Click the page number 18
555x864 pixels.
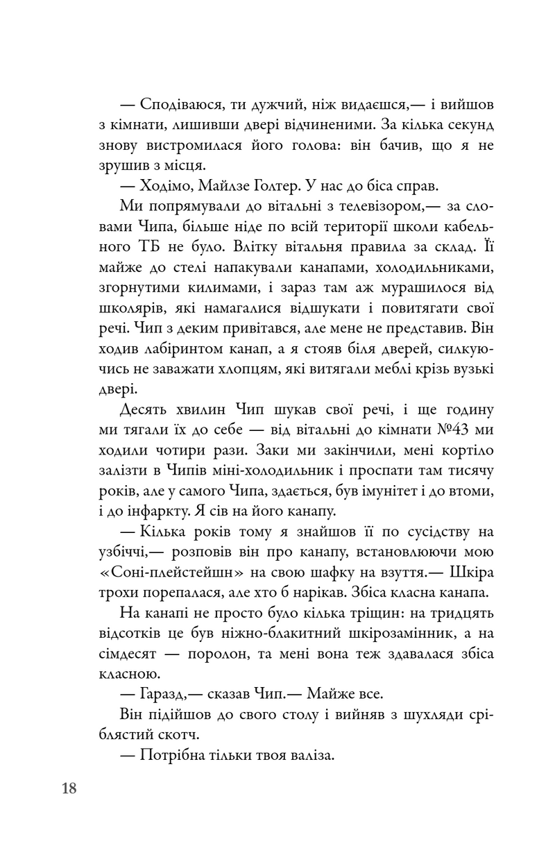tap(69, 788)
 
